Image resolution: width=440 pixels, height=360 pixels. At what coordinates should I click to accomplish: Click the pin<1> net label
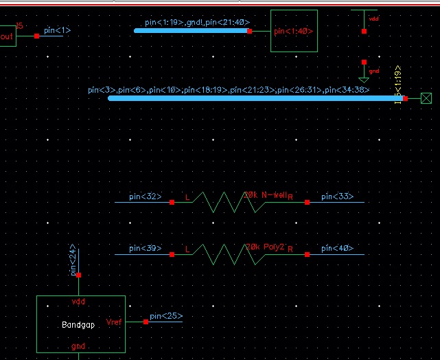[x=57, y=30]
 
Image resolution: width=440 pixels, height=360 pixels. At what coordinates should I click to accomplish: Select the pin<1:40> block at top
[x=294, y=31]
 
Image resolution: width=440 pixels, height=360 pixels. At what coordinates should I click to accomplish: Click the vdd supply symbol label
[x=374, y=19]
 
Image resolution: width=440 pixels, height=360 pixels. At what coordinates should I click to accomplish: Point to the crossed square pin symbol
[x=426, y=99]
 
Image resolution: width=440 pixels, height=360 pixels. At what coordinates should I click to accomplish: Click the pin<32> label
[x=146, y=197]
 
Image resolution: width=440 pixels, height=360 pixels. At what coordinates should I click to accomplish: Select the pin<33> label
[x=337, y=197]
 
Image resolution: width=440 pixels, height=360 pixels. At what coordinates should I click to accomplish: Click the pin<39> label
[x=146, y=249]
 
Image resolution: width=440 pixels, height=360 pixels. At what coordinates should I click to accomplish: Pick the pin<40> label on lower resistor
[x=337, y=249]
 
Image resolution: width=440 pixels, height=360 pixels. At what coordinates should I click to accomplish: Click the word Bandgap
[x=78, y=325]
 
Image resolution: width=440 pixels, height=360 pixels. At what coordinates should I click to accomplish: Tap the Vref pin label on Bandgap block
[x=115, y=322]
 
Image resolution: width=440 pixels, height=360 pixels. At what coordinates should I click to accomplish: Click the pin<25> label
[x=166, y=316]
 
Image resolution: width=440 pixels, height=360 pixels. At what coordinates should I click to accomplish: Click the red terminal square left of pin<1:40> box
[x=250, y=32]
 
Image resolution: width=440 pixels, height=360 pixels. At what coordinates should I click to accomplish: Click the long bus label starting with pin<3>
[x=229, y=90]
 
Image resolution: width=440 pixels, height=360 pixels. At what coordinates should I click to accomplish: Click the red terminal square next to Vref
[x=145, y=322]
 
